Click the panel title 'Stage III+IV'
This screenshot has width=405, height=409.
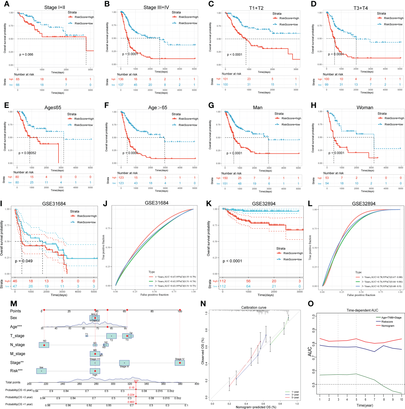point(156,7)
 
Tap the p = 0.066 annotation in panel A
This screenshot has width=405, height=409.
point(26,54)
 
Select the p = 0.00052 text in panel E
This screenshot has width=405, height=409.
point(27,153)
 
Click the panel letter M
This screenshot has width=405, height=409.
point(14,304)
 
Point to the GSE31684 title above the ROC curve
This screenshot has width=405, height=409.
point(157,203)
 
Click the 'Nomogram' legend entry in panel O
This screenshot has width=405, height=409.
point(388,326)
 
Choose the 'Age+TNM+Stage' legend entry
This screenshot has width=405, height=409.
point(391,318)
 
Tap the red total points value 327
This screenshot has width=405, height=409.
point(136,381)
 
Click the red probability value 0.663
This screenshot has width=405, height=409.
point(131,402)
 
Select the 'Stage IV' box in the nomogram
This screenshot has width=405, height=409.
point(180,363)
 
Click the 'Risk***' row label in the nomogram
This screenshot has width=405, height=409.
point(16,371)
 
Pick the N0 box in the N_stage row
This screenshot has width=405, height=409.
point(44,345)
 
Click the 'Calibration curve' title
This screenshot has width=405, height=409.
point(254,308)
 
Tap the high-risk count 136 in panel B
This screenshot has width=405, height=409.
point(121,79)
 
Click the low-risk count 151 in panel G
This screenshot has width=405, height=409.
point(225,183)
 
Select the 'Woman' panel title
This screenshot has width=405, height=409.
point(365,108)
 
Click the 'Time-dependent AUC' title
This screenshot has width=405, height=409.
point(362,310)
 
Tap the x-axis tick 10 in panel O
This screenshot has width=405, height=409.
point(401,399)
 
